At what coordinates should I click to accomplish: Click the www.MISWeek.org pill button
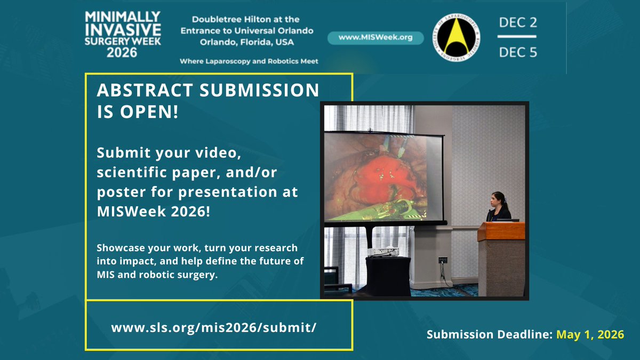(375, 38)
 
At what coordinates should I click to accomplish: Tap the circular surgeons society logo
(455, 37)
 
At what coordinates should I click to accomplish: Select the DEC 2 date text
(517, 23)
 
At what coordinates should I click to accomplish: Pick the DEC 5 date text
(517, 52)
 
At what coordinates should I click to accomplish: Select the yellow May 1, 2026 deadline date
(590, 335)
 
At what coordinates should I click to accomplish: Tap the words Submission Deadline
(489, 335)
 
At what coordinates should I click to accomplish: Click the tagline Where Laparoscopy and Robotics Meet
(249, 61)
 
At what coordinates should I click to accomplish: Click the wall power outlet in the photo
(443, 260)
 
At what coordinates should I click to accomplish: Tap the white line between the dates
(517, 37)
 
